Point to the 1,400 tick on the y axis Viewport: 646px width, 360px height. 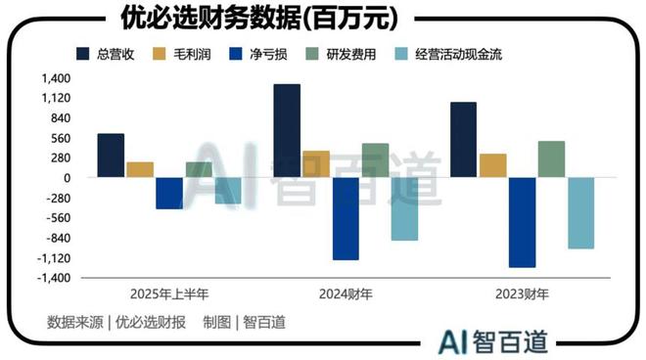(x=57, y=78)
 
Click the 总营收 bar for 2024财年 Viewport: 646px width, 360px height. (x=287, y=131)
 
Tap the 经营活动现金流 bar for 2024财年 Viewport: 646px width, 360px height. (x=404, y=208)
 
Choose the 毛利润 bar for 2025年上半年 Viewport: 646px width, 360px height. (x=140, y=169)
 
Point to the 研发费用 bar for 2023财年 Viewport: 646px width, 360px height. (x=551, y=159)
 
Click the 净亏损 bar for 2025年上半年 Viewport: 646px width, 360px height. (x=169, y=193)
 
